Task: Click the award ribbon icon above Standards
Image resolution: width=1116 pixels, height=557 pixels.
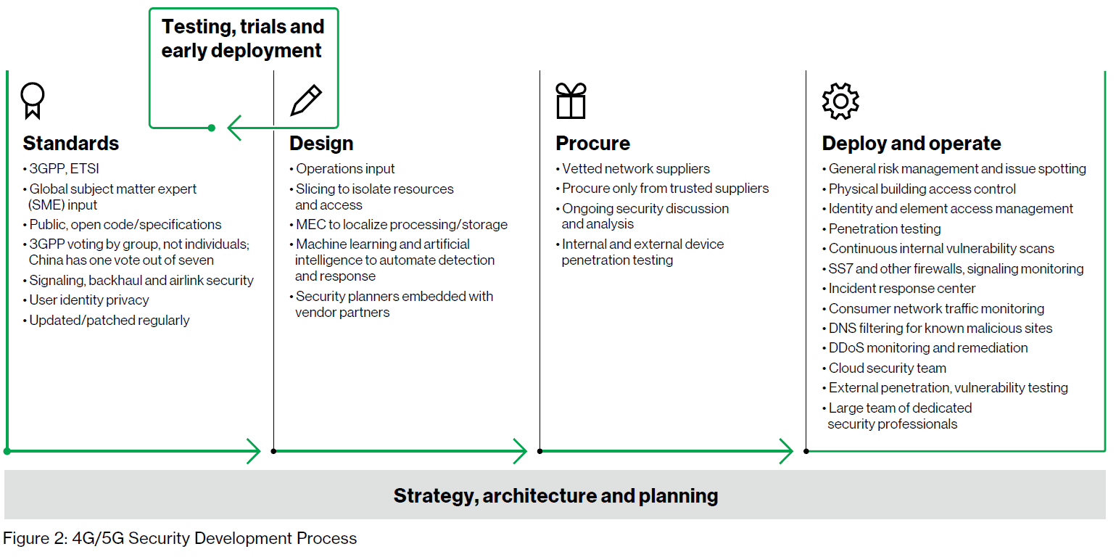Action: pyautogui.click(x=33, y=100)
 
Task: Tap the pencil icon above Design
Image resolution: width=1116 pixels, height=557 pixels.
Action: pyautogui.click(x=306, y=100)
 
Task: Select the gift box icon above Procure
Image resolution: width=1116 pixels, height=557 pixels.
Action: pyautogui.click(x=571, y=101)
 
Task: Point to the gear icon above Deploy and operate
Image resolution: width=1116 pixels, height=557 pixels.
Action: pyautogui.click(x=840, y=101)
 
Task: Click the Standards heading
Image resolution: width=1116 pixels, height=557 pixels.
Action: pyautogui.click(x=71, y=144)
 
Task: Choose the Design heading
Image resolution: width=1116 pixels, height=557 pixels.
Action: pyautogui.click(x=321, y=144)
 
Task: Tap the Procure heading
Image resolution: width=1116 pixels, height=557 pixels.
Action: pyautogui.click(x=593, y=144)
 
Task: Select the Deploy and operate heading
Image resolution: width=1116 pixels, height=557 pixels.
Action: pyautogui.click(x=912, y=144)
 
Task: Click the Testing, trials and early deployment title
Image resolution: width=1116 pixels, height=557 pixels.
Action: pyautogui.click(x=243, y=38)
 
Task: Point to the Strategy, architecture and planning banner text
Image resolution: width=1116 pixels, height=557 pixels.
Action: pyautogui.click(x=556, y=496)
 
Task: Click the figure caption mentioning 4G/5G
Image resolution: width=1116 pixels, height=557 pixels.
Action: pyautogui.click(x=180, y=538)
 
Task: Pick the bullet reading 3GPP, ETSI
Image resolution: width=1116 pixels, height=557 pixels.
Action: pyautogui.click(x=62, y=169)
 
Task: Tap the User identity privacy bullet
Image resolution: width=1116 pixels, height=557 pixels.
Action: pyautogui.click(x=86, y=300)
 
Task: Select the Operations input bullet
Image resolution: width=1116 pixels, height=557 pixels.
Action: pyautogui.click(x=342, y=169)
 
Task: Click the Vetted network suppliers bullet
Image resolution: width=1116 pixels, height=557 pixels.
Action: pyautogui.click(x=633, y=169)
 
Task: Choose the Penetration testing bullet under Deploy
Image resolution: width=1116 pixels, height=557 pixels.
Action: pyautogui.click(x=882, y=228)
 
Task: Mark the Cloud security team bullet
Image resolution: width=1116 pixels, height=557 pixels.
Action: pyautogui.click(x=885, y=368)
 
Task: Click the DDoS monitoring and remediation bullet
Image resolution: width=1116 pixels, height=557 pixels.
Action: pyautogui.click(x=925, y=347)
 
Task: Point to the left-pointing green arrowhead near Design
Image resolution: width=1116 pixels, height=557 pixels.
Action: pyautogui.click(x=235, y=128)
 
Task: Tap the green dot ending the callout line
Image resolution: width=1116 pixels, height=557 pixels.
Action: pyautogui.click(x=212, y=128)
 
